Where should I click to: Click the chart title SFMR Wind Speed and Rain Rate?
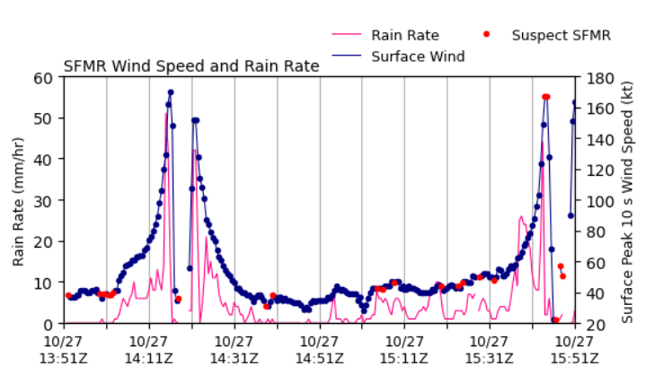click(191, 66)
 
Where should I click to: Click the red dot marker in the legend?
click(487, 34)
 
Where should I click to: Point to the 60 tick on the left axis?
click(44, 78)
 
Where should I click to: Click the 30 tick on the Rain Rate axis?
click(44, 200)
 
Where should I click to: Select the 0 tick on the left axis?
click(49, 324)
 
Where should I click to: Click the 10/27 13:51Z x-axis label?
click(64, 350)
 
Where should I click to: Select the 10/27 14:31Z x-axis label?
click(234, 350)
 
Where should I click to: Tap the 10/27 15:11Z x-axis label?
click(404, 350)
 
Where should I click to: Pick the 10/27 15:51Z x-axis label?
click(575, 350)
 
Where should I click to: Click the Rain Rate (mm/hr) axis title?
click(18, 201)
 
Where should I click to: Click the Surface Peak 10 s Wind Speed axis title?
click(627, 203)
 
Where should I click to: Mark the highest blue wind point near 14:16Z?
click(171, 92)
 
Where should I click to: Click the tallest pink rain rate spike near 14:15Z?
click(166, 114)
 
